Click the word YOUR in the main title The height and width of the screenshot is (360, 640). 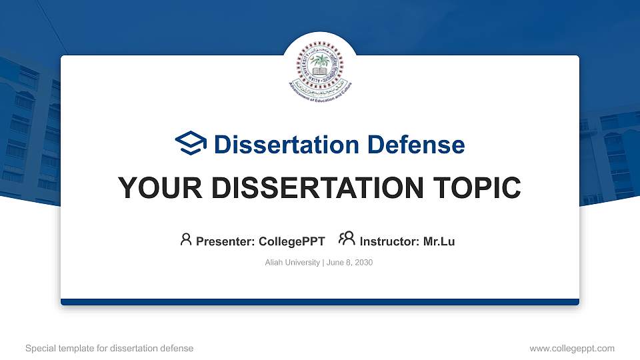click(153, 188)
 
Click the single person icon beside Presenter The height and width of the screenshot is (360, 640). click(186, 239)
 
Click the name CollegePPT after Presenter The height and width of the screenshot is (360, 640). click(291, 241)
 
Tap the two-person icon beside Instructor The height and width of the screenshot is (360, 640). click(347, 239)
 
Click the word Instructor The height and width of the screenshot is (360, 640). click(388, 241)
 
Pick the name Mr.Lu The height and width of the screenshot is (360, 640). click(439, 241)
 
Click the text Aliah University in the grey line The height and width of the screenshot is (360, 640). click(292, 263)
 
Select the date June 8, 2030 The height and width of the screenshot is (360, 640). click(349, 263)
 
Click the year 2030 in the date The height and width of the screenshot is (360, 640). click(363, 263)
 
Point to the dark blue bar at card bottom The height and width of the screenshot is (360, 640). click(320, 302)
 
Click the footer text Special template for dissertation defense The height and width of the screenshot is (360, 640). click(109, 348)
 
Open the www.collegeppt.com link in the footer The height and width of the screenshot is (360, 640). click(572, 348)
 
